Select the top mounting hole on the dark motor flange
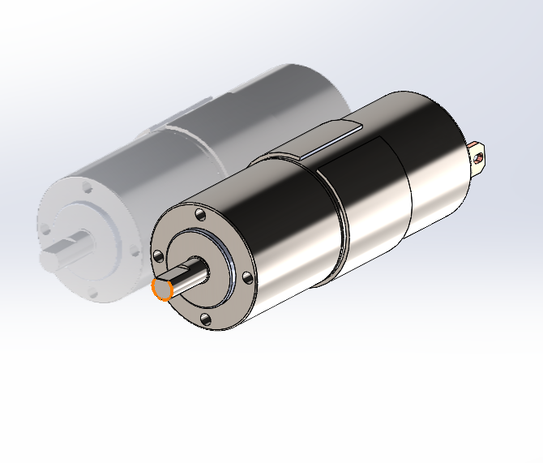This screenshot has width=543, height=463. pos(197,216)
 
